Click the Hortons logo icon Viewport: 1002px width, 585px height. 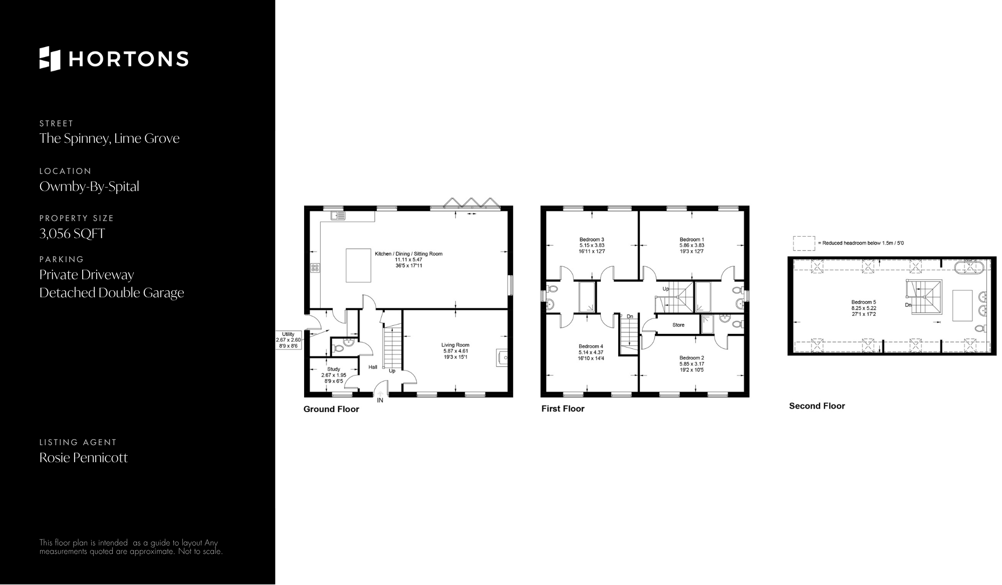[50, 59]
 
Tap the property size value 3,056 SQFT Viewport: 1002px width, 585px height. [72, 234]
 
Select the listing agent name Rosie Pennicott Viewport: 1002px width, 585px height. [84, 458]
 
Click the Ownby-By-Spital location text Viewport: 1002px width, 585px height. [89, 186]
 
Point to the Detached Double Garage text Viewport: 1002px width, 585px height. [112, 293]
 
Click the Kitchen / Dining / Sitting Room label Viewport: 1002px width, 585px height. [409, 254]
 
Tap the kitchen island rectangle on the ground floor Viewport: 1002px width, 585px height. [359, 265]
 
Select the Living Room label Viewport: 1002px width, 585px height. [455, 345]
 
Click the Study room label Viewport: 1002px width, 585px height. [334, 369]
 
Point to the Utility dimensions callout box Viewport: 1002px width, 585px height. [288, 340]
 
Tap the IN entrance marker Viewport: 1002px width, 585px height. [380, 401]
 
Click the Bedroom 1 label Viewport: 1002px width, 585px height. [692, 240]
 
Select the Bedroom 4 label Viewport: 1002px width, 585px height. [591, 346]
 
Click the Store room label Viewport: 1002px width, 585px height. [678, 325]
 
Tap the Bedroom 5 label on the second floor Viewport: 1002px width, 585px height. [864, 302]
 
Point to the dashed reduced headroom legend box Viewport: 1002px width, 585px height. [804, 243]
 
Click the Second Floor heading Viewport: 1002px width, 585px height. [817, 406]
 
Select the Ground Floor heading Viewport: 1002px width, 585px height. [331, 409]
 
